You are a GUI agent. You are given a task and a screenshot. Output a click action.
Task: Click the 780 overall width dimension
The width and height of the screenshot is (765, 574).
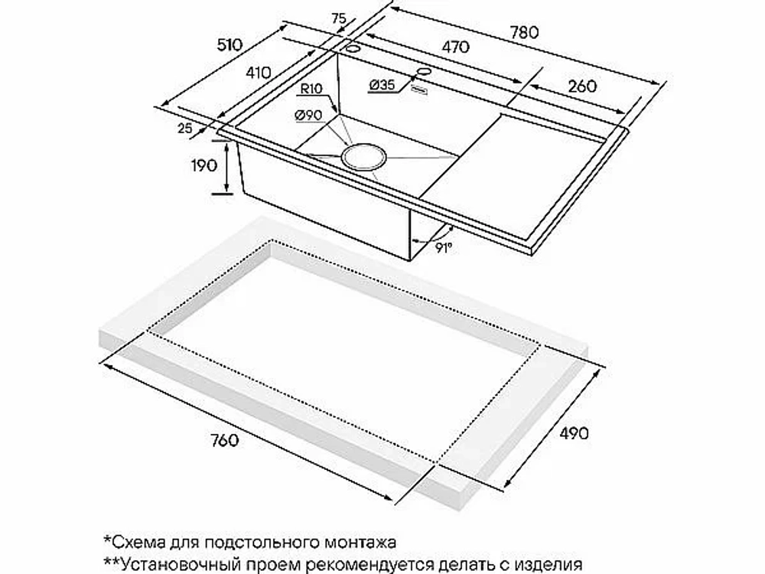point(525,32)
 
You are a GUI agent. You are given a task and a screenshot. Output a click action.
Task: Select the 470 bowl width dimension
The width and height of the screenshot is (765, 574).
point(455,47)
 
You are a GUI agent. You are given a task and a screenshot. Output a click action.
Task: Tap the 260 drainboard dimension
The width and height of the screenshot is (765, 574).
point(582,86)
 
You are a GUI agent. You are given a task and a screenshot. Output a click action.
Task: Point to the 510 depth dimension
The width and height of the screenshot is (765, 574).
point(229,45)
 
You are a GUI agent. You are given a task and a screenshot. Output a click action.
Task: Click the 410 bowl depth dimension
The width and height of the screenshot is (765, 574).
point(258,73)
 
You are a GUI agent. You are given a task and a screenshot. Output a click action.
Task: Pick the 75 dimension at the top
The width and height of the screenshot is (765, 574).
point(339,18)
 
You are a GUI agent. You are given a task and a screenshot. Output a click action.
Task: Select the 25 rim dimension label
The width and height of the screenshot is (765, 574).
point(185,129)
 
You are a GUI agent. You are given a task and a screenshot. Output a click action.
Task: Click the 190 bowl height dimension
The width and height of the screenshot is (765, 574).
point(203,165)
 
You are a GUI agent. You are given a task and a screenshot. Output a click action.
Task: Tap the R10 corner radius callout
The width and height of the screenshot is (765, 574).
point(311,89)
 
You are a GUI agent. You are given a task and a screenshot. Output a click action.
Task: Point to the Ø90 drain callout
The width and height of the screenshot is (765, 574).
point(308,116)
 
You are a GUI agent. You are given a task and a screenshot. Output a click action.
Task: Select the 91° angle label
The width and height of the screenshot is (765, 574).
point(444,249)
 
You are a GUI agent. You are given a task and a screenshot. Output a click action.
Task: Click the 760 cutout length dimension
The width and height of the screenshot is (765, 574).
point(225,440)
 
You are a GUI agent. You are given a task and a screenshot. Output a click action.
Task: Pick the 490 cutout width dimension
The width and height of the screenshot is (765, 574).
point(574,433)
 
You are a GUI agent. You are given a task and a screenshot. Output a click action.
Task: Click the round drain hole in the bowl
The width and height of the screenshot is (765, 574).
point(363,157)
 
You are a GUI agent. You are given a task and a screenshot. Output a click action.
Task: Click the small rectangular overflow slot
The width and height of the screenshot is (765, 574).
point(419,90)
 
